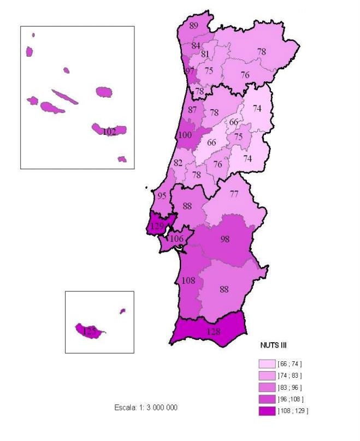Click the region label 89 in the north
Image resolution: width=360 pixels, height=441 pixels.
(x=194, y=25)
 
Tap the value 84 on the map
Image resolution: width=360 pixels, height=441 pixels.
(x=196, y=46)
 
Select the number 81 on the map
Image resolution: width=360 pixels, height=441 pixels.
(x=205, y=54)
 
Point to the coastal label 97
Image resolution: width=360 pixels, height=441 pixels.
(x=190, y=71)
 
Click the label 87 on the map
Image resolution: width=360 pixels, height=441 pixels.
(x=192, y=110)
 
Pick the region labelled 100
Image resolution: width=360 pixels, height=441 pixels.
(x=185, y=135)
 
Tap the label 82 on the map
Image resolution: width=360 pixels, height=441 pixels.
(x=178, y=163)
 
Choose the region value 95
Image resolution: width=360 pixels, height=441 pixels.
(x=162, y=196)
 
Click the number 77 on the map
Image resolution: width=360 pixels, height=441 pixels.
(x=234, y=194)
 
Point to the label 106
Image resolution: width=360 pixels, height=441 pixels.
(x=176, y=239)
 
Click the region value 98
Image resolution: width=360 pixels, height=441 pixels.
(x=225, y=239)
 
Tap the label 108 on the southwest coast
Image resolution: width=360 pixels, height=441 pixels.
(x=187, y=281)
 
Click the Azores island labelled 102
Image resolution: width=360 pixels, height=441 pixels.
(x=109, y=132)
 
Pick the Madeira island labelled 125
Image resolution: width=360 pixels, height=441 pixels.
(x=88, y=330)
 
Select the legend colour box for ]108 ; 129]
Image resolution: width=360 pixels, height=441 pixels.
(x=267, y=410)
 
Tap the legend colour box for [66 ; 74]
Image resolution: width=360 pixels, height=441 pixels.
(x=267, y=363)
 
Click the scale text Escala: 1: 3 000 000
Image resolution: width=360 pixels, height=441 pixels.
(x=146, y=408)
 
